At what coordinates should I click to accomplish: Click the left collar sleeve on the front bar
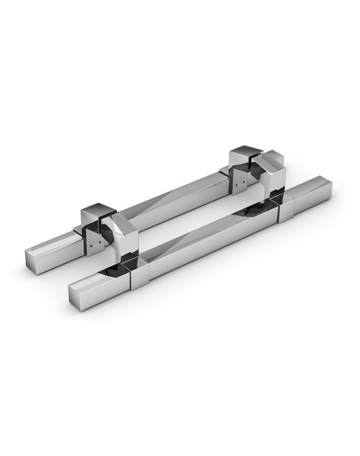click(140, 276)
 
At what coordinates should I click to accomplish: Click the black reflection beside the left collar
click(123, 265)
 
